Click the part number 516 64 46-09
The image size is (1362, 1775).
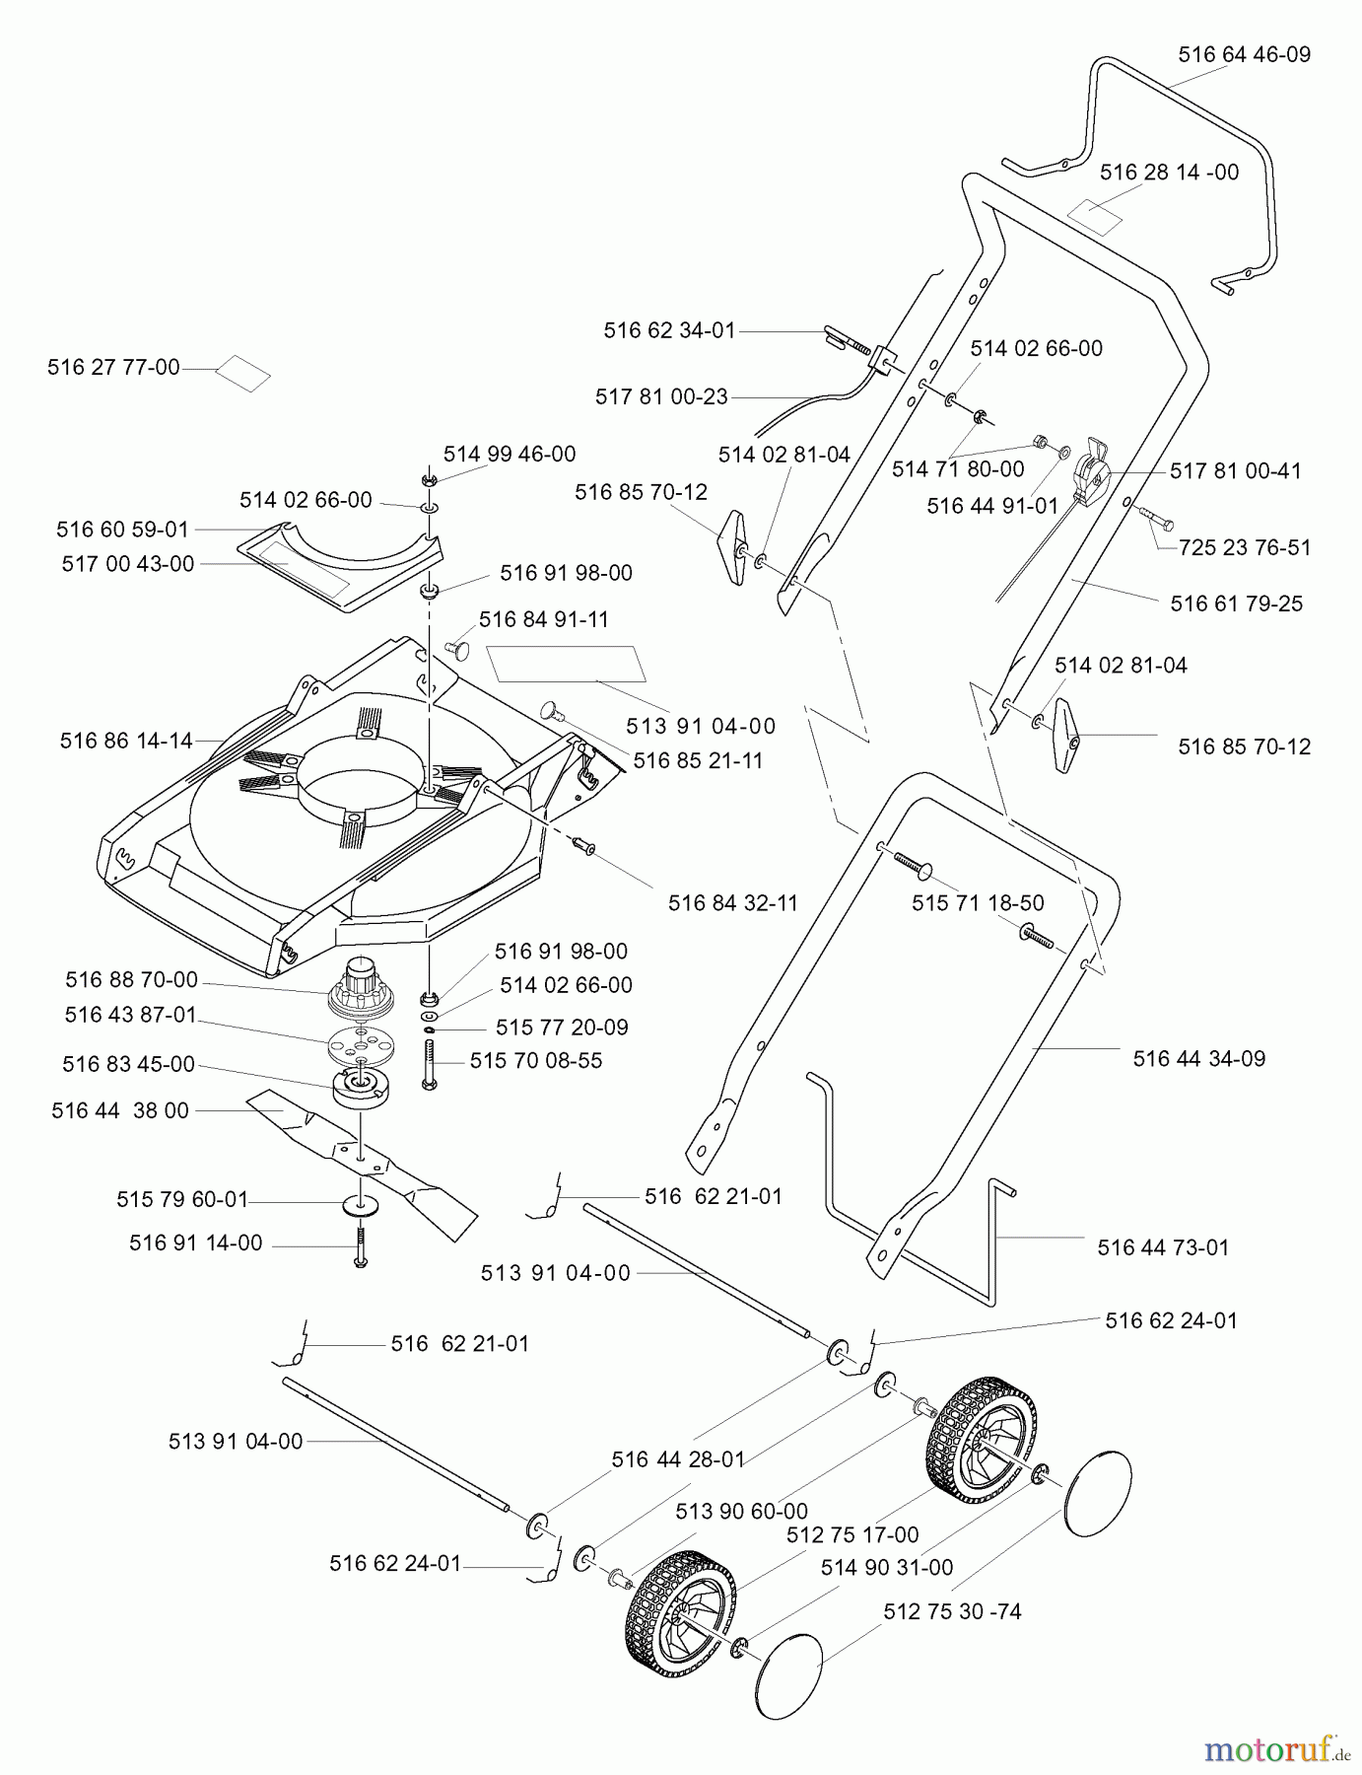pyautogui.click(x=1244, y=55)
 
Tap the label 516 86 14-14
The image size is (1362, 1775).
pyautogui.click(x=126, y=742)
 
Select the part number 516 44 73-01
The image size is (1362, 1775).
pyautogui.click(x=1163, y=1248)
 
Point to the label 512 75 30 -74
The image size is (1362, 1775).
pyautogui.click(x=952, y=1611)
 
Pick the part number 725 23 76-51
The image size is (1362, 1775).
pyautogui.click(x=1245, y=548)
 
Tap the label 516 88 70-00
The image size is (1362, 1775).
pyautogui.click(x=131, y=980)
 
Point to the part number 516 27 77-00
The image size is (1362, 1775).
pyautogui.click(x=113, y=368)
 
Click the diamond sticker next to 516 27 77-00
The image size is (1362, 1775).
pyautogui.click(x=243, y=374)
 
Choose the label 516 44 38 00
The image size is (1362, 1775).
pyautogui.click(x=120, y=1111)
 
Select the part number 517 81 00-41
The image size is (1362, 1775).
pyautogui.click(x=1236, y=471)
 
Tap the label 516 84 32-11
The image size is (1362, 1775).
pyautogui.click(x=732, y=903)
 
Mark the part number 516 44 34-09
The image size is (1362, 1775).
pyautogui.click(x=1198, y=1059)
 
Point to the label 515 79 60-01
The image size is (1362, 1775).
pyautogui.click(x=182, y=1200)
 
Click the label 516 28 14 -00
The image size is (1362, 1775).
pyautogui.click(x=1169, y=173)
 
